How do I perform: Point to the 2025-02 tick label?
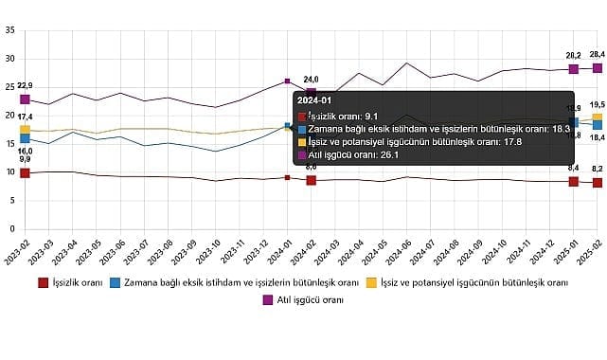tap(598, 225)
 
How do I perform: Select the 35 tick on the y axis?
tap(9, 30)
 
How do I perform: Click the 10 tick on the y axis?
tap(9, 172)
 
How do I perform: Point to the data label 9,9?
tap(25, 159)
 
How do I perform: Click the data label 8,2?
tap(597, 168)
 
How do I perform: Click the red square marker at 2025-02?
tap(598, 183)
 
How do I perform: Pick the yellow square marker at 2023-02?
tap(25, 130)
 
